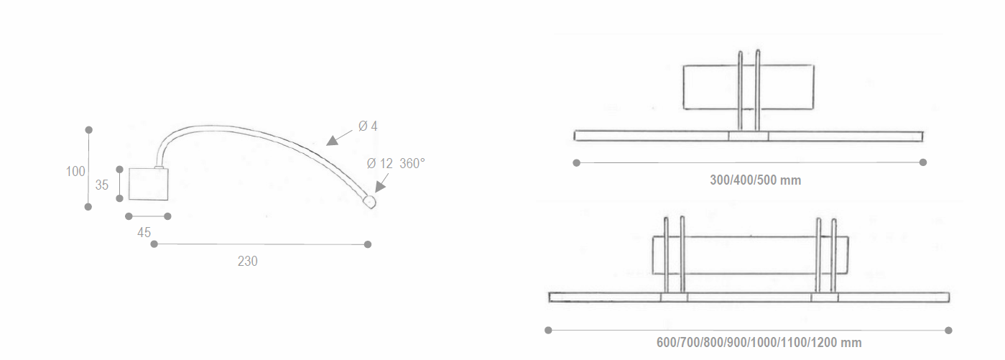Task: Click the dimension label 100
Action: click(x=75, y=172)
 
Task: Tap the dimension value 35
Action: click(x=102, y=185)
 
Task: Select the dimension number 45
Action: click(x=144, y=233)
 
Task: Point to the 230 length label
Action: click(x=248, y=262)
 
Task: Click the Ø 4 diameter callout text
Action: click(x=368, y=126)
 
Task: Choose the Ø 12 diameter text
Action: click(x=379, y=163)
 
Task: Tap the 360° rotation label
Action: click(x=412, y=163)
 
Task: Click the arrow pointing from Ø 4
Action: click(x=339, y=138)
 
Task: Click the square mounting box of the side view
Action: click(x=149, y=184)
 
